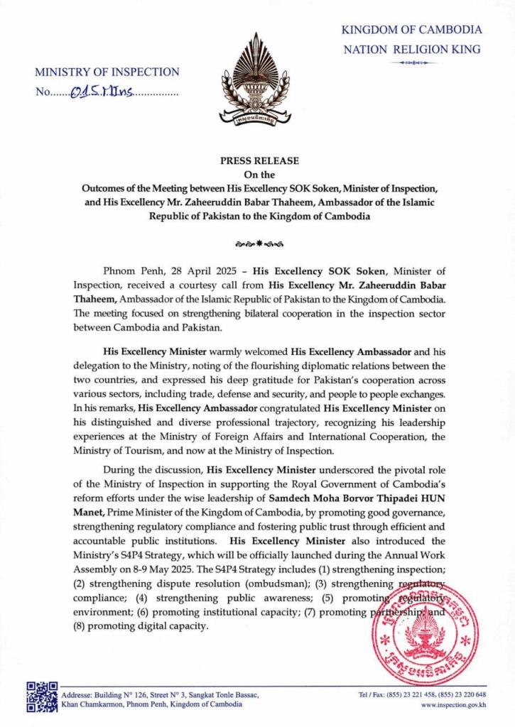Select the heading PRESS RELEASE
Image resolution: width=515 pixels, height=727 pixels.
(258, 160)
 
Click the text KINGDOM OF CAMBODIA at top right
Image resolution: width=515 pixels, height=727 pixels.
(411, 30)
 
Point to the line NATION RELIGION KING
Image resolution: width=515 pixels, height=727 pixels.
(411, 50)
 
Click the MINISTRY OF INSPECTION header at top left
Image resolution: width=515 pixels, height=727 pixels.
(107, 72)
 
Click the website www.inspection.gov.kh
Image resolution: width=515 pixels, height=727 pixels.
(453, 705)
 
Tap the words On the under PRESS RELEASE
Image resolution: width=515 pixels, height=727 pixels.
(258, 174)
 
